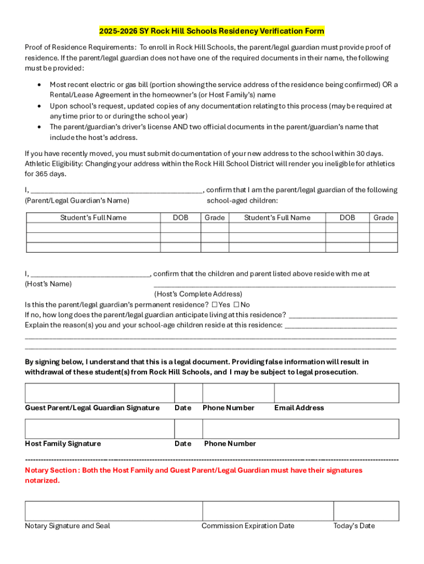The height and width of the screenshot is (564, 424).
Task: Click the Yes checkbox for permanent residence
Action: click(x=214, y=305)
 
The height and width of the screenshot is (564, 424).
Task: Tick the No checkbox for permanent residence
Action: click(x=236, y=305)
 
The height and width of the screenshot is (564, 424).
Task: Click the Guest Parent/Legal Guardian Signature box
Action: click(x=99, y=393)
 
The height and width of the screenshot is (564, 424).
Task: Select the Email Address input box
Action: click(x=336, y=393)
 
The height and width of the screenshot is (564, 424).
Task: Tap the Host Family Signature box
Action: click(x=99, y=429)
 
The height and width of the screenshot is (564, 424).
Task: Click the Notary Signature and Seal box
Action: click(x=113, y=511)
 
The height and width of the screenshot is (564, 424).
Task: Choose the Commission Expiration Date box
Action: click(x=268, y=511)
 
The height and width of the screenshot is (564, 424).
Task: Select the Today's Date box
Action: click(x=366, y=511)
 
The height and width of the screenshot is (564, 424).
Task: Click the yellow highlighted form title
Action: click(x=211, y=30)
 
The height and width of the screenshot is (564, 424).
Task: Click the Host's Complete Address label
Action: click(x=198, y=294)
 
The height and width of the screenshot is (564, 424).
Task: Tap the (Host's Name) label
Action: click(x=48, y=284)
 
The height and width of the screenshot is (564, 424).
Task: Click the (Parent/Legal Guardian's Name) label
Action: click(x=77, y=200)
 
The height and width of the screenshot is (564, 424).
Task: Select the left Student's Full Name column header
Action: click(x=93, y=218)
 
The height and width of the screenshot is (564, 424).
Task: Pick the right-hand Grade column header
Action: click(x=383, y=218)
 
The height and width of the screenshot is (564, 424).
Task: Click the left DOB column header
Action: click(x=180, y=218)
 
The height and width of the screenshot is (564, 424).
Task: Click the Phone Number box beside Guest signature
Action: click(x=238, y=393)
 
